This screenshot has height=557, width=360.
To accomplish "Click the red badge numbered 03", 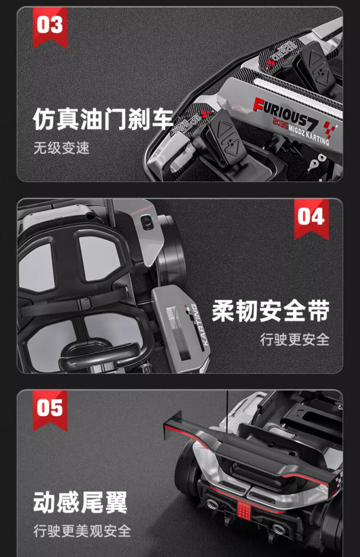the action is [x=50, y=27].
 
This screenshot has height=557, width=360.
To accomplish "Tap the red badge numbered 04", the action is [x=311, y=219].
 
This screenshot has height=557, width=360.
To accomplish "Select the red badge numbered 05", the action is [x=50, y=410].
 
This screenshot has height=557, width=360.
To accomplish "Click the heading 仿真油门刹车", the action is [x=103, y=119].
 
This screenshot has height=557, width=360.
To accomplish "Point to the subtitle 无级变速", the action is [x=61, y=148].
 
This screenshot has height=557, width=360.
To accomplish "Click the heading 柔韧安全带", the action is [x=271, y=311].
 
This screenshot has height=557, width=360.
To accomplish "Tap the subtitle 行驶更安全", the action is [x=295, y=339].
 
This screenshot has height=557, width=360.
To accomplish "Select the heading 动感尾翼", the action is [x=80, y=502].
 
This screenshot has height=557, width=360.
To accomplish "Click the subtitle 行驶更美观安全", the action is [x=82, y=531].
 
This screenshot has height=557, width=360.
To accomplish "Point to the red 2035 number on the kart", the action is [x=280, y=123].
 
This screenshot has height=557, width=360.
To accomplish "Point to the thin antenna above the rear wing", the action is [x=227, y=412].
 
